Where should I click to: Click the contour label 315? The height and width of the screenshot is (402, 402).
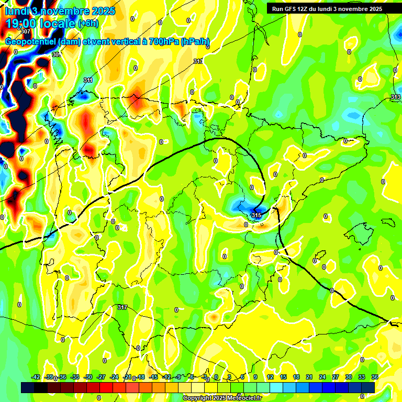tap(256, 216)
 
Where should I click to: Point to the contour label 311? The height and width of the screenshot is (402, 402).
tap(88, 80)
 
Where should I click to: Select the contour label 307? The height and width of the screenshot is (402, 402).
tap(26, 46)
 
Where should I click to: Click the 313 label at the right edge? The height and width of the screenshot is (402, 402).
tap(396, 97)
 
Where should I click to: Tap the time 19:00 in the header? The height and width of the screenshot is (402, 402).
tap(26, 24)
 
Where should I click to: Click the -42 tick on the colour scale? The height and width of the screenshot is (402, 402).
tap(36, 377)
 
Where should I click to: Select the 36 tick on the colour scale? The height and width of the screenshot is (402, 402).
tap(375, 377)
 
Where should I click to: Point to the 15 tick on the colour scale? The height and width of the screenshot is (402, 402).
tap(283, 377)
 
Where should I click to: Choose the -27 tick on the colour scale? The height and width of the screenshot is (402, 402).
tap(101, 377)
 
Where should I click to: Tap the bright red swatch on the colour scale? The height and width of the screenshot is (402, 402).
tap(106, 387)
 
